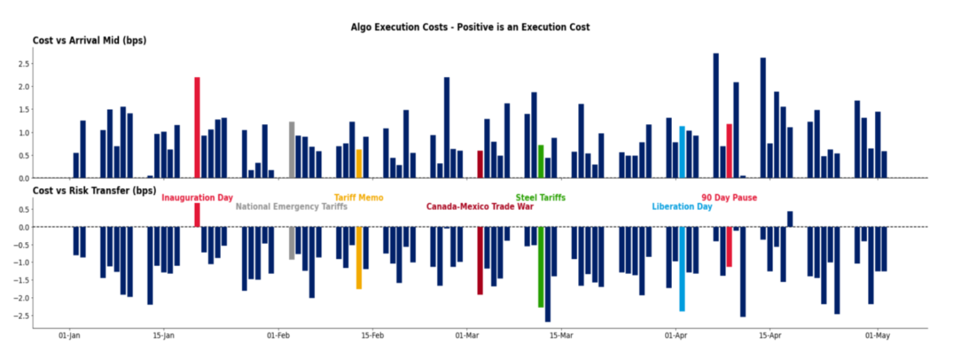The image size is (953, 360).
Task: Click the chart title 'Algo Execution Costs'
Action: coord(470,27)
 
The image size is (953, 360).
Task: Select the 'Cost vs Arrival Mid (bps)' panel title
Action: coord(89,41)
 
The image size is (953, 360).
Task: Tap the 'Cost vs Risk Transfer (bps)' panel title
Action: coord(94,191)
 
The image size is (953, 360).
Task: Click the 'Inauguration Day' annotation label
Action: coord(197,198)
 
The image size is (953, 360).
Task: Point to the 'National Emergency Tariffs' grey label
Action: coord(291,207)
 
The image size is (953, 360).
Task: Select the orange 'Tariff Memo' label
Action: coord(359,198)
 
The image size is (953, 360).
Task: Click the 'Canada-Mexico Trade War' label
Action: coord(480,207)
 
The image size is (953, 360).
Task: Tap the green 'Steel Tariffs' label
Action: coord(540,198)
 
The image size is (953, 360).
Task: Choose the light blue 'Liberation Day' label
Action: coord(682,207)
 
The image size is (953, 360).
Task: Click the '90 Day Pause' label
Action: coord(729,198)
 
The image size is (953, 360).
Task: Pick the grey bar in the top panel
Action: coord(292,150)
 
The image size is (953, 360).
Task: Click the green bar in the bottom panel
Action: coord(541,267)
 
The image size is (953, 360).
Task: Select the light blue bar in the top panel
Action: coord(682,152)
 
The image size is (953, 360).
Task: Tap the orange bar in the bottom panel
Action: coord(359,258)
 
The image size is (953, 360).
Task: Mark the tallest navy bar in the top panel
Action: coord(716,115)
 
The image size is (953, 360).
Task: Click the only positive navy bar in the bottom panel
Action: coord(790,219)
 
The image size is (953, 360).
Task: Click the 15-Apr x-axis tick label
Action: coord(769,336)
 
